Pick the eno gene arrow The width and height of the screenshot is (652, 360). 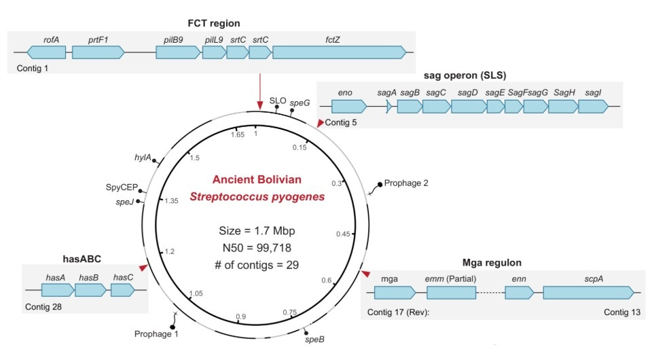[x=348, y=106]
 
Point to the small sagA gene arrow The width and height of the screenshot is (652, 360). [x=388, y=106]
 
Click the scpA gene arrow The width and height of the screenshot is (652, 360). [x=588, y=293]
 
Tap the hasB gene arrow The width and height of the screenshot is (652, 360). [x=90, y=290]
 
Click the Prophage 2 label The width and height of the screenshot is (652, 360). [x=406, y=183]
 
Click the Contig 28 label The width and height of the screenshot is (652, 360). [x=43, y=306]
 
